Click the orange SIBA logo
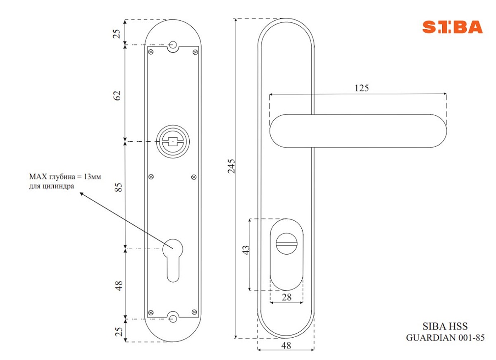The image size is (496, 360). pos(452,27)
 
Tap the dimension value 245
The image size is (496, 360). pos(231,166)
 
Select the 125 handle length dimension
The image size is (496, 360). pos(362,88)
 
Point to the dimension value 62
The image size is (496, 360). pos(117,95)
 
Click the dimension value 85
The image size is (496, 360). pos(119,187)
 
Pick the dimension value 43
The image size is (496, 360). pos(246,250)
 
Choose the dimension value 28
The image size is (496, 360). pos(286,297)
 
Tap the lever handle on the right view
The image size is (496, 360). pos(358,131)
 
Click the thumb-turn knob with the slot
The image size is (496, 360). pos(286,243)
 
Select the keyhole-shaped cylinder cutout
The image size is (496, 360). pos(173,260)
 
